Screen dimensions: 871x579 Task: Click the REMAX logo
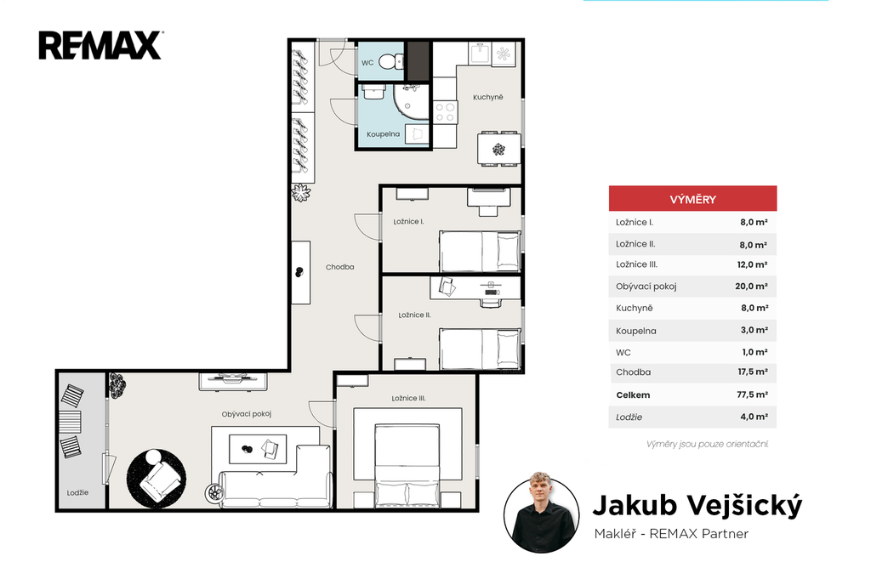(x=100, y=45)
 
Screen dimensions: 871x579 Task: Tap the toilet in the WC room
(x=391, y=61)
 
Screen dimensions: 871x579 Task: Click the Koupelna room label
(x=384, y=134)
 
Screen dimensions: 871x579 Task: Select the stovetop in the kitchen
(x=445, y=112)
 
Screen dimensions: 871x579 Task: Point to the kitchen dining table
(x=498, y=149)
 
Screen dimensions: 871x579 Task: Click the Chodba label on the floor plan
(x=340, y=267)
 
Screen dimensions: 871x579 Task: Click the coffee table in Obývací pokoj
(x=258, y=449)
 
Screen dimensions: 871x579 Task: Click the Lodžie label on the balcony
(x=77, y=492)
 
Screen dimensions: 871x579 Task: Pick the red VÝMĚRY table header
(x=692, y=199)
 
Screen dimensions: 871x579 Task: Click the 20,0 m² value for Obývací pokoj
(x=752, y=287)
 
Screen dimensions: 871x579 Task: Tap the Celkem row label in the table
(x=633, y=395)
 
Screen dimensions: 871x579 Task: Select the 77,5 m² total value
(x=752, y=395)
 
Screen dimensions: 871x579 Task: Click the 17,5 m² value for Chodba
(x=753, y=372)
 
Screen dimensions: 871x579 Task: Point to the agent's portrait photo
(x=542, y=516)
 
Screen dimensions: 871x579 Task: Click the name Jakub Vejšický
(x=697, y=505)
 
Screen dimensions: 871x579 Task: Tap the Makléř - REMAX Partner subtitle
(x=671, y=533)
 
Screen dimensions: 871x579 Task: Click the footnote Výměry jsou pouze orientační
(x=707, y=444)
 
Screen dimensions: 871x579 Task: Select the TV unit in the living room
(x=233, y=382)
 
